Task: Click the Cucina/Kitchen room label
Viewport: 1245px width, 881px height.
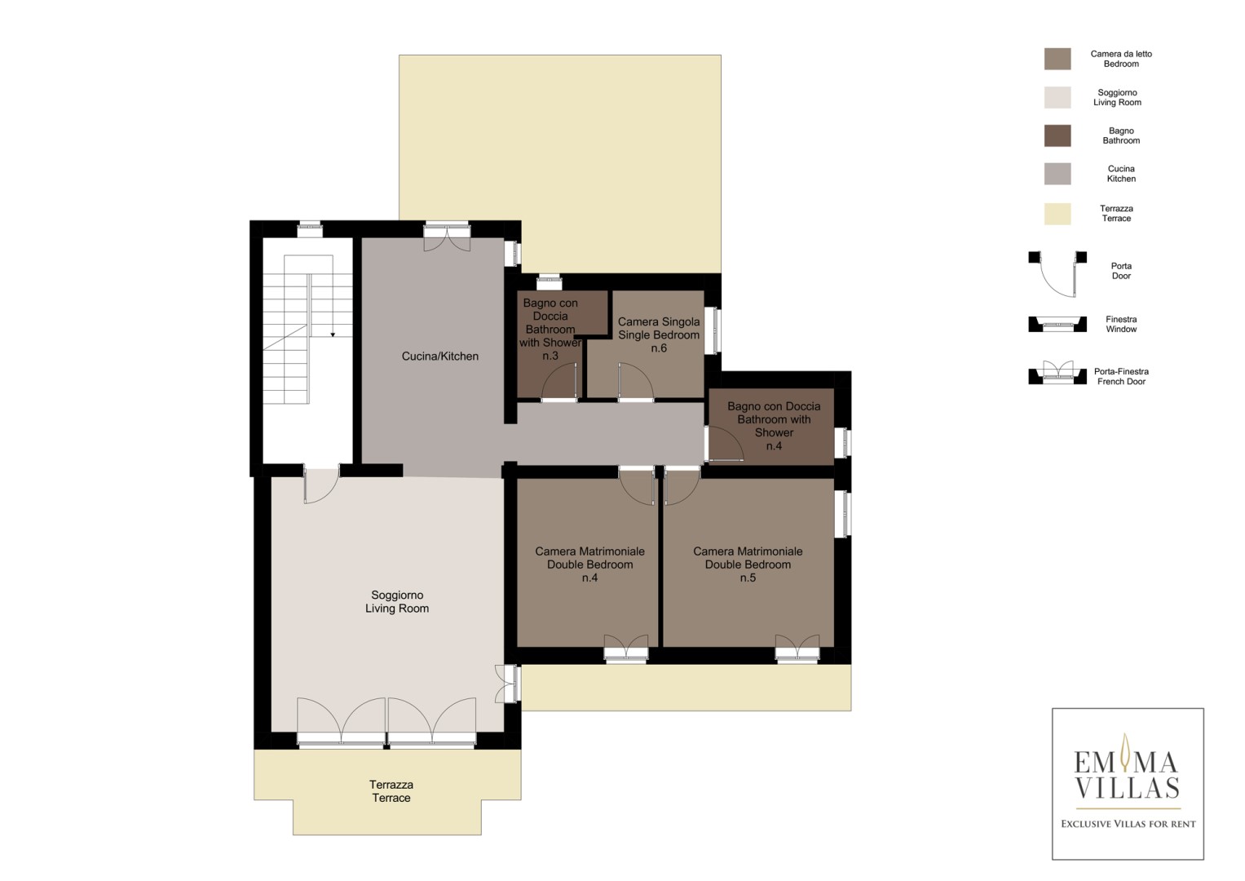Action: (x=439, y=356)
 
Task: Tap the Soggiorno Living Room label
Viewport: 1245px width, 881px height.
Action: (x=397, y=602)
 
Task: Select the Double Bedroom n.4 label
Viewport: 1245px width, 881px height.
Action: (x=589, y=564)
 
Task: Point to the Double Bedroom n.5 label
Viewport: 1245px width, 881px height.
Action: (x=748, y=564)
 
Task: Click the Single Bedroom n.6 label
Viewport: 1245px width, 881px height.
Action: (x=659, y=334)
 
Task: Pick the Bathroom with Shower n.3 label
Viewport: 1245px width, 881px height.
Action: (x=550, y=330)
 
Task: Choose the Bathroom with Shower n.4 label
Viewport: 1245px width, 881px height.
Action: (x=774, y=426)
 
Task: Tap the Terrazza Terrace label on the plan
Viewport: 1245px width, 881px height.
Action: (x=391, y=791)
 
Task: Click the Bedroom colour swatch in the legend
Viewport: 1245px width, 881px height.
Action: (x=1057, y=59)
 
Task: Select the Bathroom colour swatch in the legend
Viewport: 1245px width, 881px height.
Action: (x=1057, y=135)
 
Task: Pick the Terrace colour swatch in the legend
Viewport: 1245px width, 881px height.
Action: (x=1057, y=214)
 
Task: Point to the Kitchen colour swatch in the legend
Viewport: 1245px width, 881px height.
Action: (x=1057, y=174)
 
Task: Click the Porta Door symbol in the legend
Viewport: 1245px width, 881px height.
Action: (x=1057, y=273)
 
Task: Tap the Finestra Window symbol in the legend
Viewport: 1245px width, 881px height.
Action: (x=1057, y=325)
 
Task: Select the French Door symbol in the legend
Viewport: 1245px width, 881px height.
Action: (x=1057, y=373)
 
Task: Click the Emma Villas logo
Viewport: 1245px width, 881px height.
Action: (x=1128, y=784)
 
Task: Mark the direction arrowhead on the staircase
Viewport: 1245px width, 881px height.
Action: (x=333, y=334)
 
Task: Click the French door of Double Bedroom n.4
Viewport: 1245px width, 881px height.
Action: (x=626, y=649)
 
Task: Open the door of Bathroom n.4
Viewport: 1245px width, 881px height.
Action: (x=724, y=443)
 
